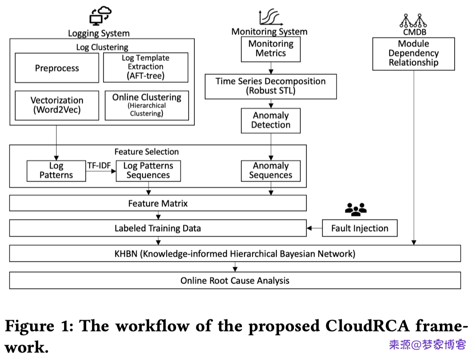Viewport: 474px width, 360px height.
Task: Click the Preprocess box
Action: [57, 68]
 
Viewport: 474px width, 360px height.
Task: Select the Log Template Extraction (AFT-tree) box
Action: [145, 67]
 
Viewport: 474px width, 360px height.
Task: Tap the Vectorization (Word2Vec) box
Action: [57, 105]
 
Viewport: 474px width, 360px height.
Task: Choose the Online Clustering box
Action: [147, 105]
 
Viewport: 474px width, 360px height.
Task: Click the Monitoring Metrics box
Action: [271, 49]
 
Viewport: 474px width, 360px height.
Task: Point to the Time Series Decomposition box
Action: [271, 86]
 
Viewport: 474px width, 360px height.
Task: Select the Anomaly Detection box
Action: [271, 120]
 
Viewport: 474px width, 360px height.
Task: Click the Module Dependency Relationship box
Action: [413, 54]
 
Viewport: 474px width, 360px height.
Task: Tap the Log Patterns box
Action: [56, 171]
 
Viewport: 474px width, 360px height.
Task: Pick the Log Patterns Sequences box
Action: [148, 171]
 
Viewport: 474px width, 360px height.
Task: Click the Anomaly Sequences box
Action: [271, 171]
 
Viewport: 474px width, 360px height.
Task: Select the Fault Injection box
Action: [360, 228]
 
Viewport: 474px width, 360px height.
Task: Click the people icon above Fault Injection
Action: [356, 209]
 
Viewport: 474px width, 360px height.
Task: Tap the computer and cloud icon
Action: [100, 16]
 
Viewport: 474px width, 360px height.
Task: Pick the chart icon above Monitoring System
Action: [270, 17]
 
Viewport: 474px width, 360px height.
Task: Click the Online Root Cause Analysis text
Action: [235, 280]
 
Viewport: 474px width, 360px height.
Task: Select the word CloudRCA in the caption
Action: [367, 326]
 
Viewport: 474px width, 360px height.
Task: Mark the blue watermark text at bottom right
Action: [427, 344]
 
